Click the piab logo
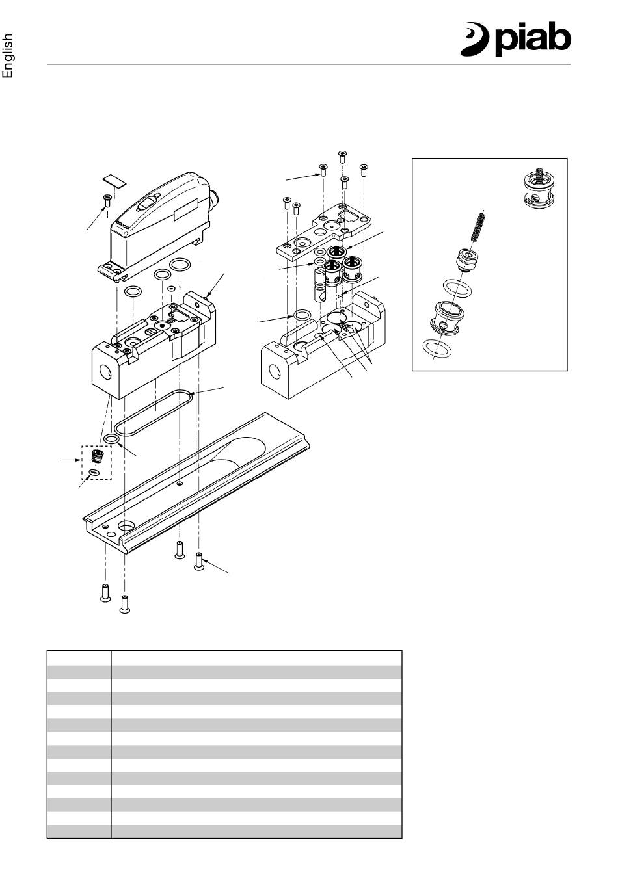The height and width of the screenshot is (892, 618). click(516, 40)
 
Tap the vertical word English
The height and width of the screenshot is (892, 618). click(8, 56)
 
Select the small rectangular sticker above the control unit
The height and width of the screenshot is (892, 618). click(114, 180)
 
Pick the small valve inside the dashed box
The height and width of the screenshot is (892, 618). click(96, 456)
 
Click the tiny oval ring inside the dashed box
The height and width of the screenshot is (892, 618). click(94, 472)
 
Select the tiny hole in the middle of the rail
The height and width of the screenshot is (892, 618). click(180, 484)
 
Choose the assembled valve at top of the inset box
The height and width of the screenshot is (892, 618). click(538, 189)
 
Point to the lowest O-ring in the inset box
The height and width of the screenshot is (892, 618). click(437, 349)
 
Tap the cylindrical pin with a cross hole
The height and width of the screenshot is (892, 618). click(320, 285)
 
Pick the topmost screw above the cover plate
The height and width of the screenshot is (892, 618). click(342, 157)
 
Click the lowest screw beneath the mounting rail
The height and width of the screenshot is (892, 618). click(125, 604)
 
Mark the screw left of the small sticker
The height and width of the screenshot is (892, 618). click(107, 200)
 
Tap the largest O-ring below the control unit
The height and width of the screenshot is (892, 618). click(180, 264)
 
